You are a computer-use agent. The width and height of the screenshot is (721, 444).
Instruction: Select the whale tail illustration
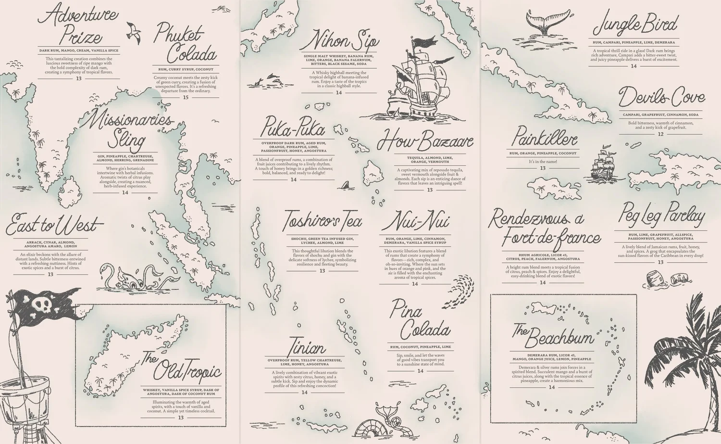544,22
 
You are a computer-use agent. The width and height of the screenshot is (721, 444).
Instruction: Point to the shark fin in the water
344,185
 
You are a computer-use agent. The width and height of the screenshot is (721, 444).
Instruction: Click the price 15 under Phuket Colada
186,97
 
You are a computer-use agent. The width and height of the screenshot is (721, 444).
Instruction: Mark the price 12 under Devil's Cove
660,134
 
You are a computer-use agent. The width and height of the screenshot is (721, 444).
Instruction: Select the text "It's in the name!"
543,162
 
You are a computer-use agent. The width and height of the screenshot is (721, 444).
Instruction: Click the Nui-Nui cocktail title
416,222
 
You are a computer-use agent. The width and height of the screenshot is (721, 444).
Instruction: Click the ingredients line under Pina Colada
420,347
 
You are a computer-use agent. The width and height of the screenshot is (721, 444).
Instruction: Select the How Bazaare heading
425,141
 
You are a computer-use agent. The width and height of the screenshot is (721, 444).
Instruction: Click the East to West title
54,225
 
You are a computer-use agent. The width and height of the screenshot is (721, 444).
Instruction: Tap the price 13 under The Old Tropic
181,418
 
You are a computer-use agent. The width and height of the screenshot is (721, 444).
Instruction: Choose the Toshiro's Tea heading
322,222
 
